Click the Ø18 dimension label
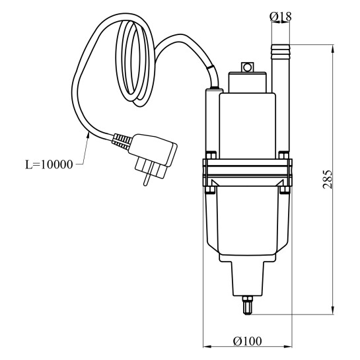pyautogui.click(x=280, y=16)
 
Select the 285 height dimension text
pyautogui.click(x=328, y=180)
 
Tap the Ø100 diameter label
pyautogui.click(x=247, y=341)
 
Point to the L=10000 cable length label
pyautogui.click(x=49, y=164)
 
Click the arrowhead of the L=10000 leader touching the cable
pyautogui.click(x=87, y=135)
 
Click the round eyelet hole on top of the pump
pyautogui.click(x=247, y=68)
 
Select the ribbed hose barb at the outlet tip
pyautogui.click(x=281, y=52)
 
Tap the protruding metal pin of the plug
pyautogui.click(x=147, y=178)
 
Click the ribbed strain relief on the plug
pyautogui.click(x=122, y=141)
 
